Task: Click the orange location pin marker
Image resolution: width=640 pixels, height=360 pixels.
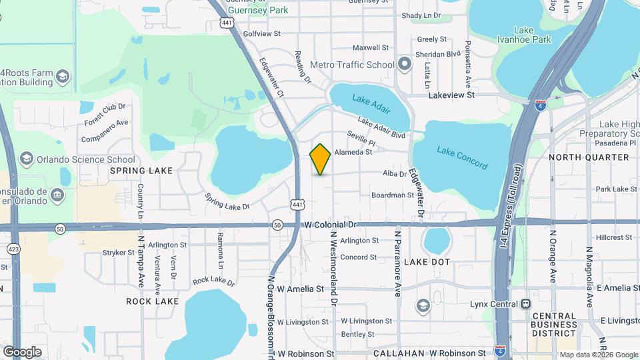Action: coord(321,159)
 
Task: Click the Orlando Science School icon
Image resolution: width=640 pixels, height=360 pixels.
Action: coord(27,159)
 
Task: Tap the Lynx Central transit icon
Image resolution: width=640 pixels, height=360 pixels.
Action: coord(526,305)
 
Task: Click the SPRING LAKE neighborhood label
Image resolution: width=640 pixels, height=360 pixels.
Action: coord(141,171)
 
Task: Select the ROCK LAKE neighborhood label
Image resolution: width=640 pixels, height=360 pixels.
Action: coord(153,301)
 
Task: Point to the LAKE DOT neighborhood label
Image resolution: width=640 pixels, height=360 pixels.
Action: coord(427,262)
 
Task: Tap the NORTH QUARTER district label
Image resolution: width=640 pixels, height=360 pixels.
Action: coord(589,157)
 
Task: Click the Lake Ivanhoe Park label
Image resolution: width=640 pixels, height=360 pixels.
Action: coord(533,35)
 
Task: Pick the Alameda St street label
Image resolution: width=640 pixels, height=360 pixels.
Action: coord(353,152)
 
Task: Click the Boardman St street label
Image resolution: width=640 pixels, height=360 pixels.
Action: coord(393,195)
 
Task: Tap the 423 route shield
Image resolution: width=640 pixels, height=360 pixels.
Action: coord(13,248)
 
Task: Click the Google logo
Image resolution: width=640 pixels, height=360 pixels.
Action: coord(22,351)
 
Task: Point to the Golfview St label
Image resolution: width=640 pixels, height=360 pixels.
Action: coord(262,33)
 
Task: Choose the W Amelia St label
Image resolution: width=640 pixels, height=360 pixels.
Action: coord(301,289)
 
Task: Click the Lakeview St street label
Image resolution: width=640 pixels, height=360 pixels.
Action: coord(451,95)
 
